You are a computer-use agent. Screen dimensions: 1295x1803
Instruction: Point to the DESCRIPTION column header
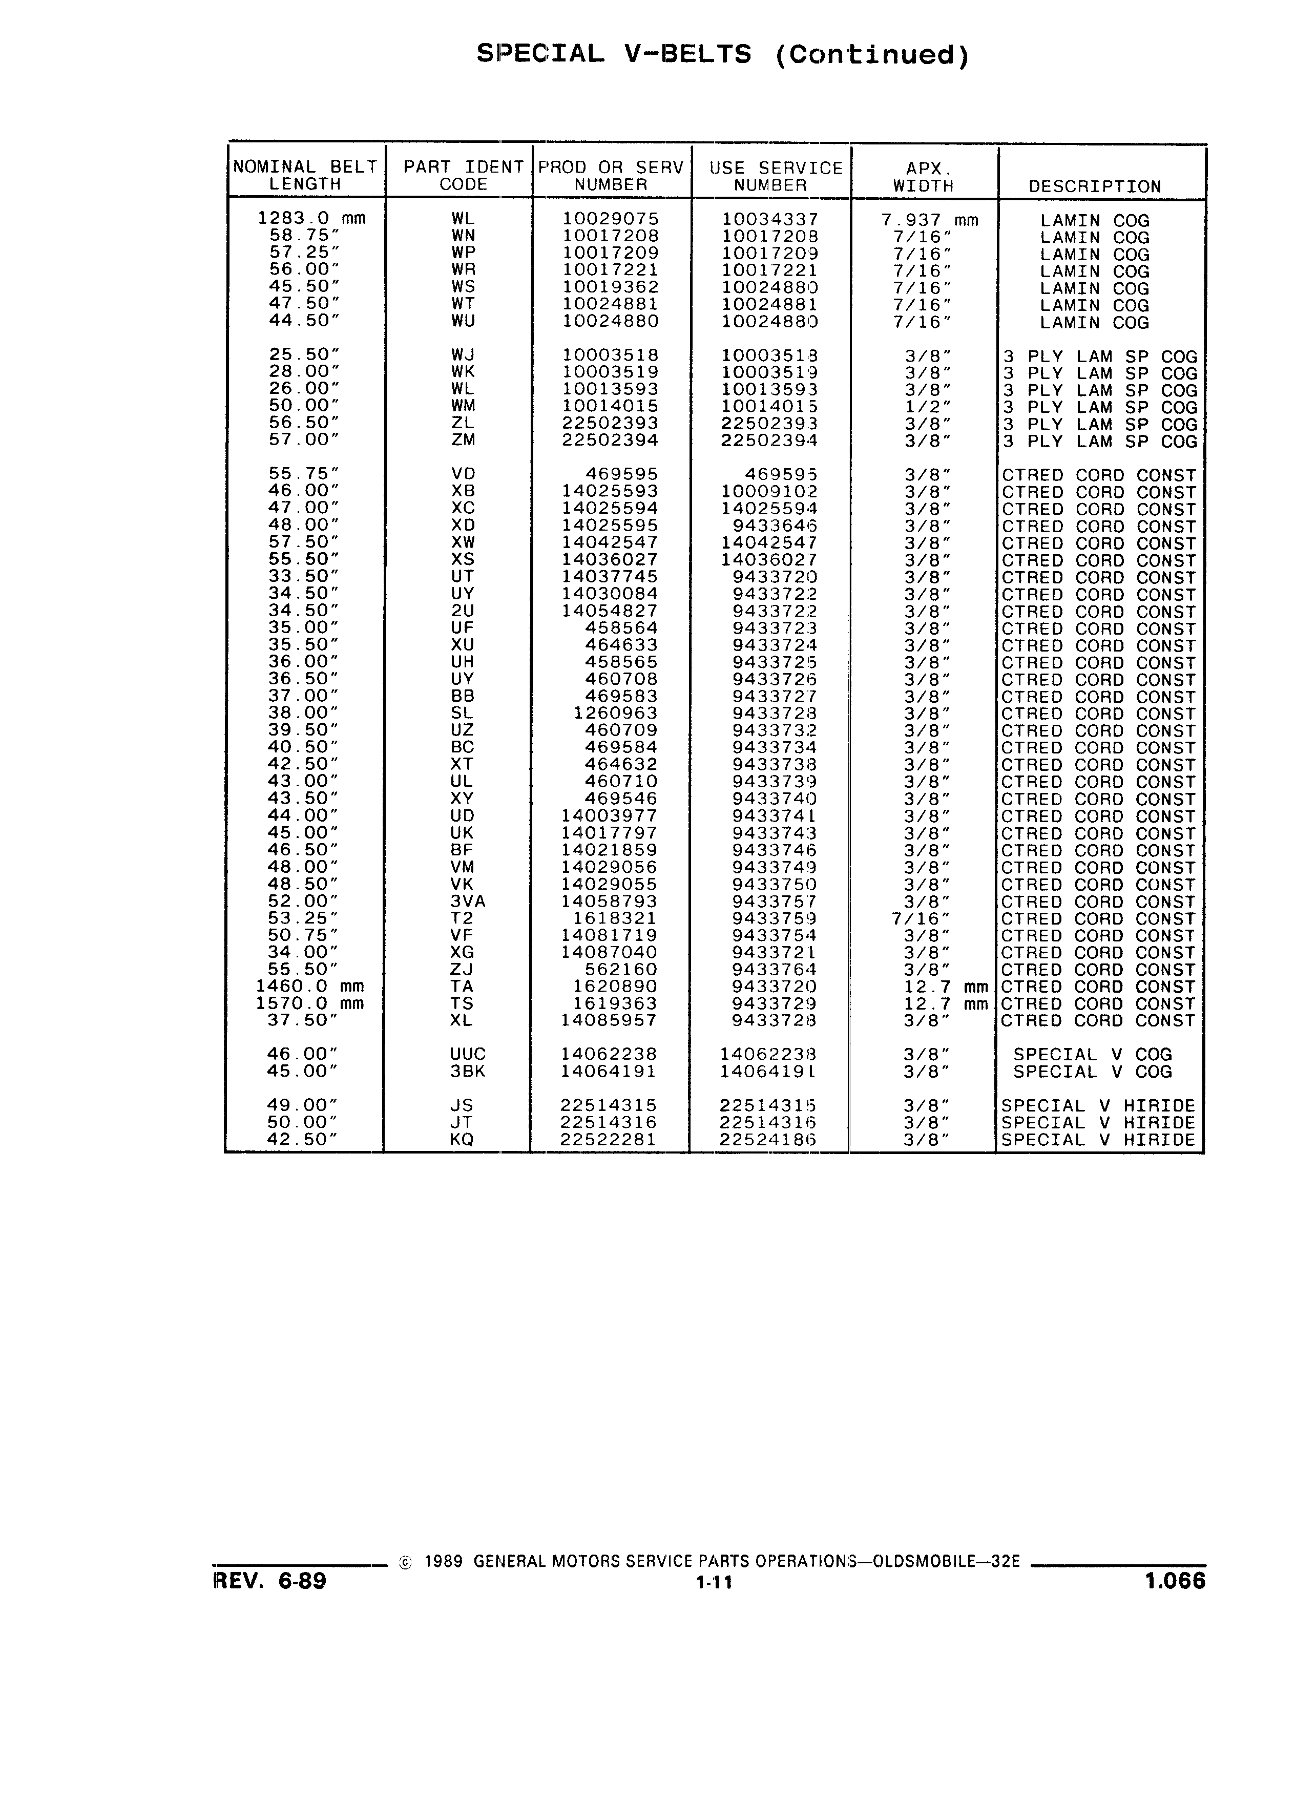1095,187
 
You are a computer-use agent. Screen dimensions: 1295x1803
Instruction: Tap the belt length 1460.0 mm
310,987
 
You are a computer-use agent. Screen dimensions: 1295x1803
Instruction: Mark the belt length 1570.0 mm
310,1003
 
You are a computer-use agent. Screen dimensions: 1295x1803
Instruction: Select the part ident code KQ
462,1139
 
